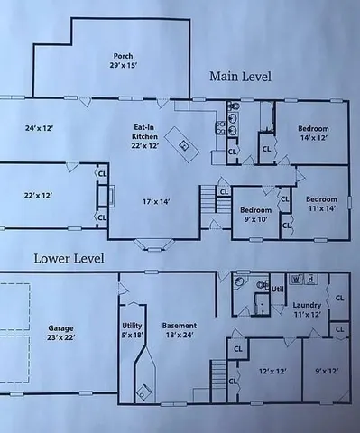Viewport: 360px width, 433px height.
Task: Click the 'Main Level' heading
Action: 241,77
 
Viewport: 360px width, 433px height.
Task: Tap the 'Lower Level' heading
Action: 69,259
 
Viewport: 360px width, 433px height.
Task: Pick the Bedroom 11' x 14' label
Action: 320,203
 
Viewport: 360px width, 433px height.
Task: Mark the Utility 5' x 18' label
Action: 133,329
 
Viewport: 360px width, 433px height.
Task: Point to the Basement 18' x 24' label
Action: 180,329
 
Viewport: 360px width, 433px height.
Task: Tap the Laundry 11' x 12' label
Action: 308,310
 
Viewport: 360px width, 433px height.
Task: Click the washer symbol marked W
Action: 296,279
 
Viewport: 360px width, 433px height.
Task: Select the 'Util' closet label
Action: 278,289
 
